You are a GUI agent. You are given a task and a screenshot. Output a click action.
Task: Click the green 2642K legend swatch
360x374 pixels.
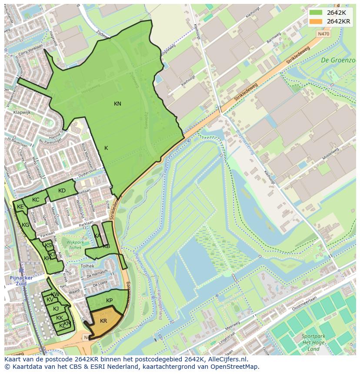pyautogui.click(x=316, y=13)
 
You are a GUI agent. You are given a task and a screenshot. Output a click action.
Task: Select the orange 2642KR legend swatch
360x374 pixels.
pyautogui.click(x=316, y=21)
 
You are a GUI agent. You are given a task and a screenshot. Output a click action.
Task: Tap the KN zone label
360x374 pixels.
pyautogui.click(x=117, y=103)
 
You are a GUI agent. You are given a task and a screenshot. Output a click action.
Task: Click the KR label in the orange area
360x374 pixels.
pyautogui.click(x=103, y=321)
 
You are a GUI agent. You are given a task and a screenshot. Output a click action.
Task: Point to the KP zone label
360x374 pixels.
pyautogui.click(x=109, y=301)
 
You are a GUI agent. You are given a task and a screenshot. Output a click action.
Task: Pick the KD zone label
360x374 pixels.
pyautogui.click(x=62, y=191)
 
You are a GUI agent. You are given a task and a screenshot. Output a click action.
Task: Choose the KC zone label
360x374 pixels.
pyautogui.click(x=36, y=200)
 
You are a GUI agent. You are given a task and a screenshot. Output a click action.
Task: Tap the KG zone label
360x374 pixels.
pyautogui.click(x=26, y=225)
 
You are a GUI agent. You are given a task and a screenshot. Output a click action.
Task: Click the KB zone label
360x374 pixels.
pyautogui.click(x=107, y=246)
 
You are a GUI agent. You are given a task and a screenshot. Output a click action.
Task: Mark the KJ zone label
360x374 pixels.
pyautogui.click(x=56, y=309)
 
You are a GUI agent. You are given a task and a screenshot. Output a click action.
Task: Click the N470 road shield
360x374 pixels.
pyautogui.click(x=323, y=33)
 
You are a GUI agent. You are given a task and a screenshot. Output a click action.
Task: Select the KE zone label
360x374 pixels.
pyautogui.click(x=20, y=207)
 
